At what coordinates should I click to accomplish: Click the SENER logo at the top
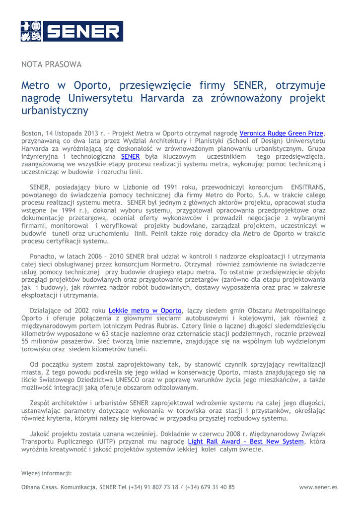point(72,31)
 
